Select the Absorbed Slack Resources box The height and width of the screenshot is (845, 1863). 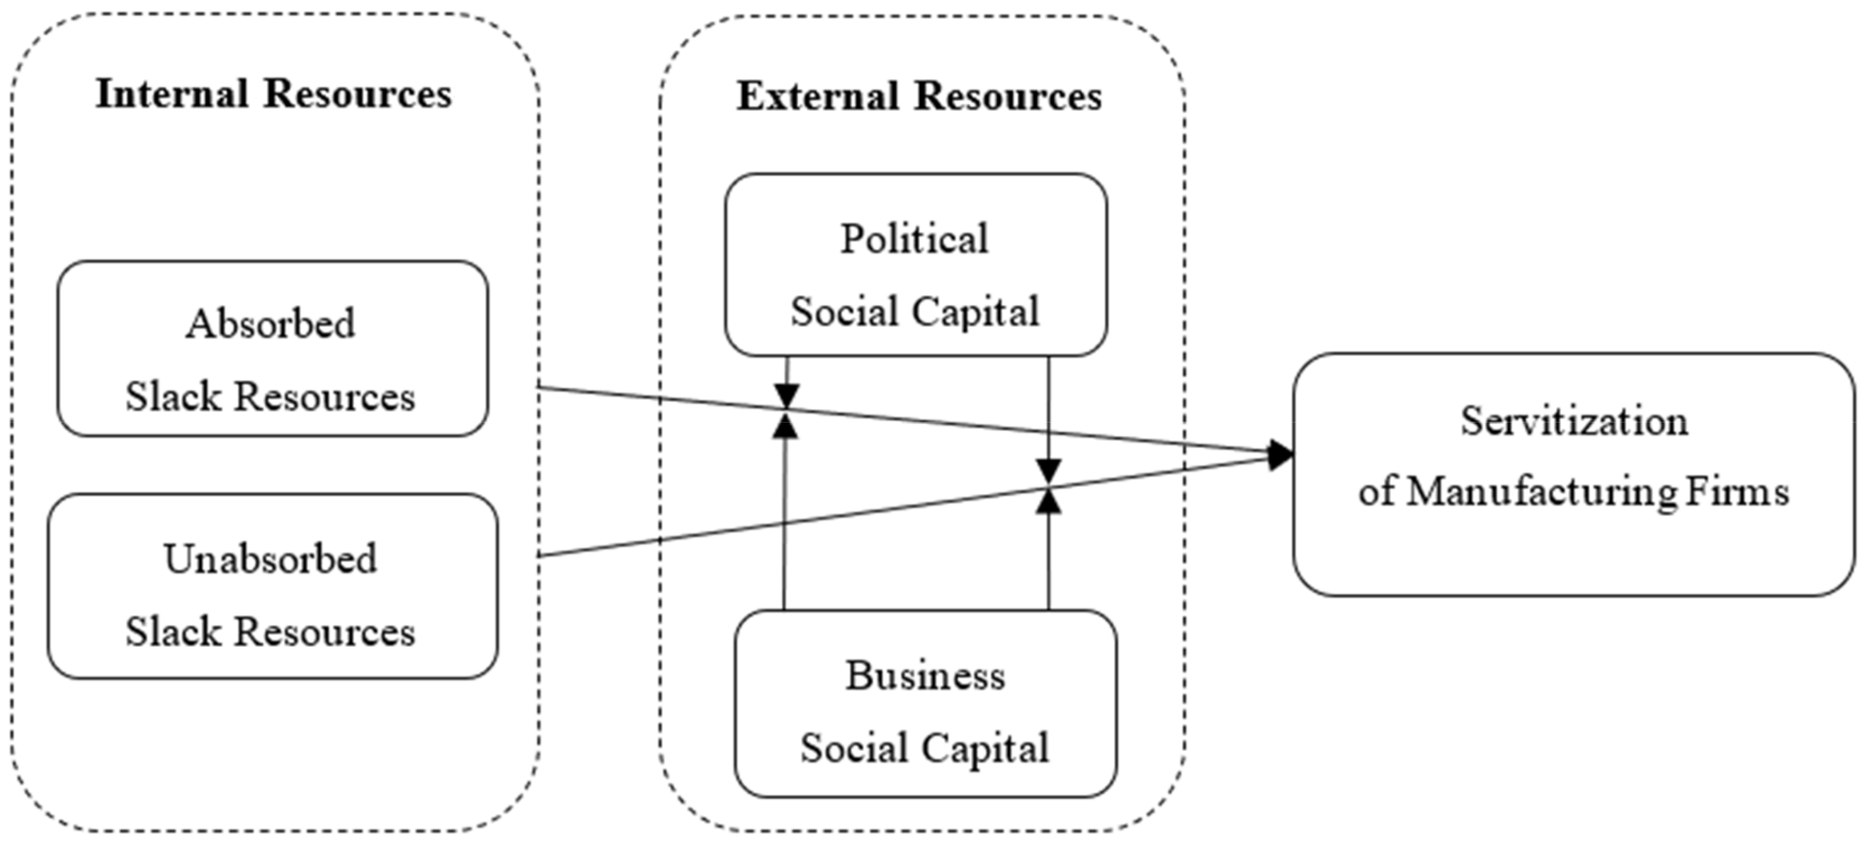tap(273, 348)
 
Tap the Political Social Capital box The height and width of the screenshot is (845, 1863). tap(915, 264)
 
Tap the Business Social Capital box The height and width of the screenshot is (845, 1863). tap(925, 703)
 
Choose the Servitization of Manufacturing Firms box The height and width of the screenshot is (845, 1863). tap(1574, 474)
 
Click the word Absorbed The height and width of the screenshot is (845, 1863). tap(270, 324)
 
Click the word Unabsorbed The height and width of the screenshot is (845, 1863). tap(270, 560)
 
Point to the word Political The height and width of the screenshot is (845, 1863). tap(914, 239)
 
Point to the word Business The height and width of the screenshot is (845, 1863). tap(925, 677)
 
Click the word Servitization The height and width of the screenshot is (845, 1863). tap(1574, 421)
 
